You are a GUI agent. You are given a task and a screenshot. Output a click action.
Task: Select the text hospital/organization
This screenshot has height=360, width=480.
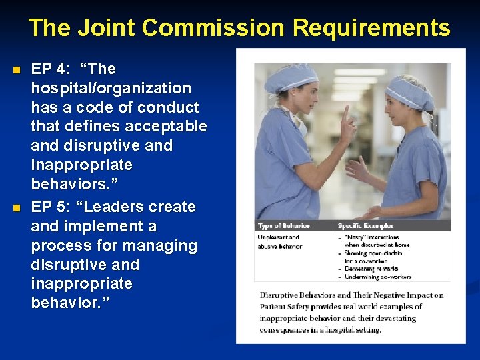[x=111, y=88]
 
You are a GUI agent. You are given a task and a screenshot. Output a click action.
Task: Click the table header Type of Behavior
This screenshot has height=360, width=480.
[x=283, y=226]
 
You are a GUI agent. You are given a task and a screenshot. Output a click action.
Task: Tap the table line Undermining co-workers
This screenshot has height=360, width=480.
[x=379, y=277]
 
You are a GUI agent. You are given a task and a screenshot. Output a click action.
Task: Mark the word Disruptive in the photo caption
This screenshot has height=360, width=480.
[x=279, y=295]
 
